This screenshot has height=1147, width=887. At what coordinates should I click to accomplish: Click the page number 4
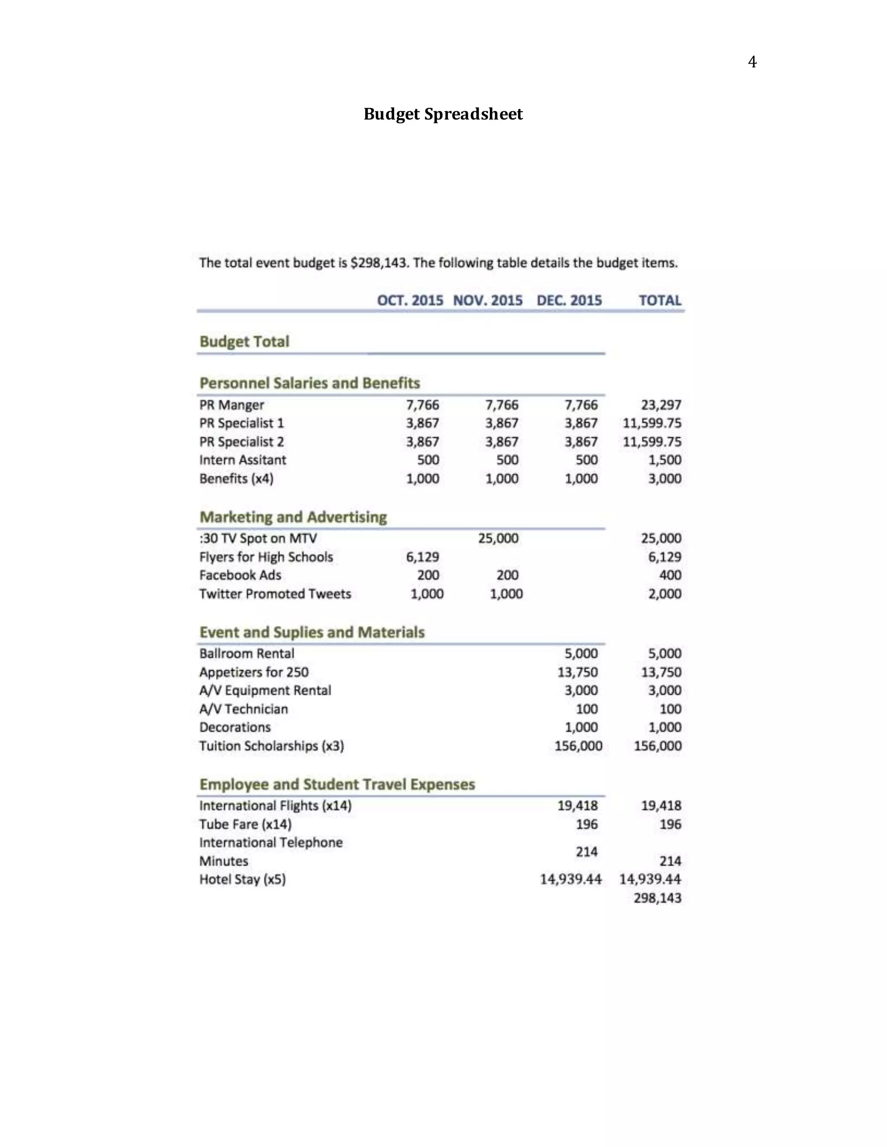pos(752,62)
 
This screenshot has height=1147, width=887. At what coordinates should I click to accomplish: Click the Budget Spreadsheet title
pos(443,114)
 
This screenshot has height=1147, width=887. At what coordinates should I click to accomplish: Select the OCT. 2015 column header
pos(410,300)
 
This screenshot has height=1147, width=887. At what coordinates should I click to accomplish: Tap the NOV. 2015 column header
pos(488,300)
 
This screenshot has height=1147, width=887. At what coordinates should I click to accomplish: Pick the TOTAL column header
pos(660,300)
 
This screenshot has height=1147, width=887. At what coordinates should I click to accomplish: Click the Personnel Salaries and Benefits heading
pos(310,383)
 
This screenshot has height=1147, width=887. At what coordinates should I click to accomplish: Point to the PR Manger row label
pos(232,405)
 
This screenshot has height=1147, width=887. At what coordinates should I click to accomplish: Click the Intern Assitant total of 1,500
pos(665,460)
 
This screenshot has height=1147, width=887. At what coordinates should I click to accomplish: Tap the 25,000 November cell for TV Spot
pos(498,538)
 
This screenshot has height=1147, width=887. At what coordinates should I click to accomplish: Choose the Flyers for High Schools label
pos(266,557)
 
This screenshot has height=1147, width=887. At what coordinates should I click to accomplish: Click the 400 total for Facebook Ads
pos(670,575)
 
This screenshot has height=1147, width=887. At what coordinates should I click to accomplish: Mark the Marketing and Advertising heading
pos(293,517)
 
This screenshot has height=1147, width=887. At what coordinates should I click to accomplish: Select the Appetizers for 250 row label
pos(254,672)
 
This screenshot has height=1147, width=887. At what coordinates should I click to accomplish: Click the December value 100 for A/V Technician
pos(586,709)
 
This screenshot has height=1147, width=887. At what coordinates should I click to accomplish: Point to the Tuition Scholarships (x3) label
pos(271,746)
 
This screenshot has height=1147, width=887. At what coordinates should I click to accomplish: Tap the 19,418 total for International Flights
pos(661,805)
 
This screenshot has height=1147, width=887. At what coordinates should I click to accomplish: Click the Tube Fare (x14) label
pos(245,824)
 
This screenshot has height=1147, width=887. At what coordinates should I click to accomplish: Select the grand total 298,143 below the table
pos(657,898)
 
